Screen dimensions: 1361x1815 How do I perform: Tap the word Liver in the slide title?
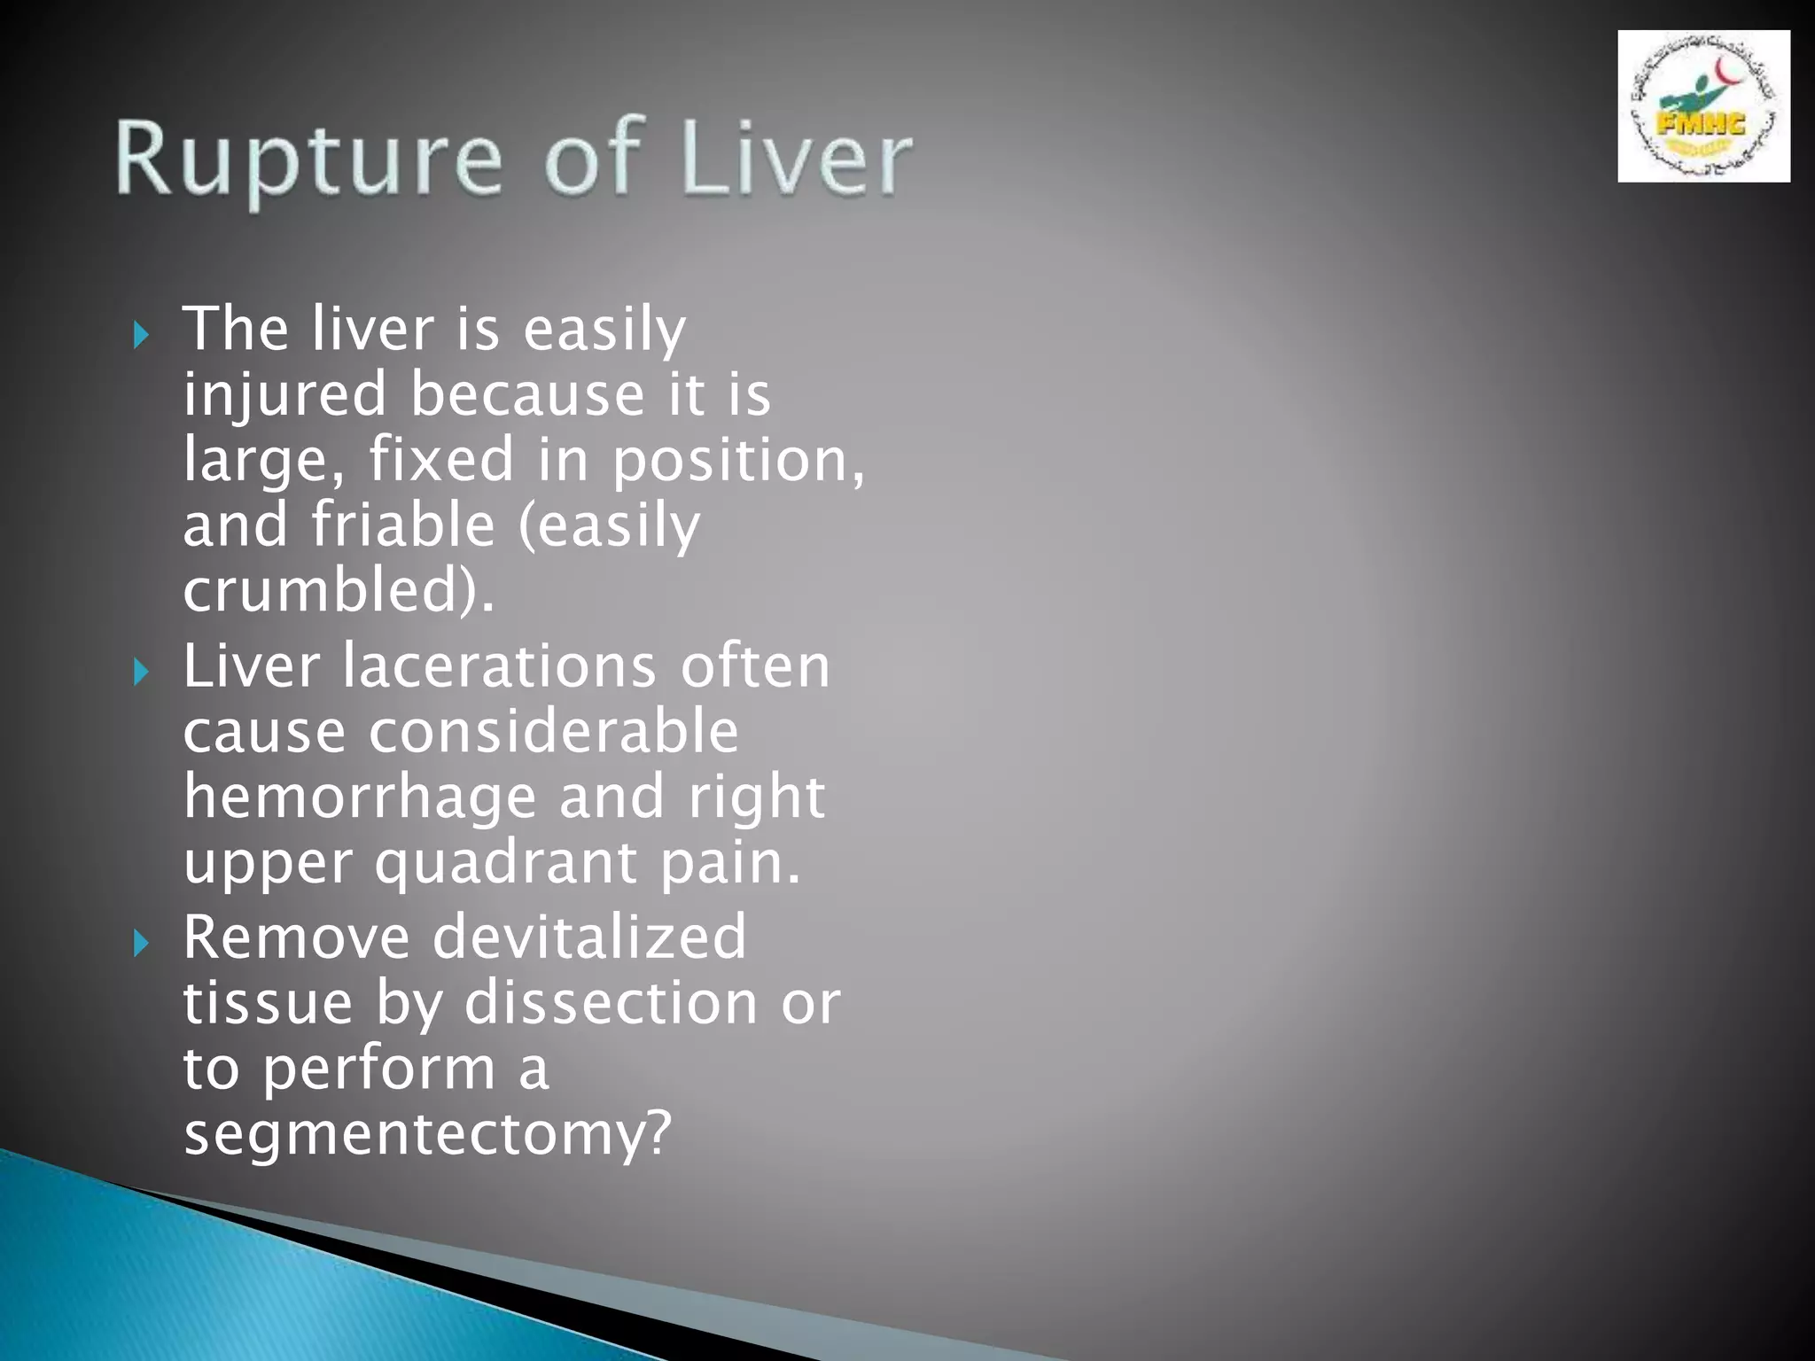point(798,159)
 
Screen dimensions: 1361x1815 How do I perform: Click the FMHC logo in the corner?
point(1702,106)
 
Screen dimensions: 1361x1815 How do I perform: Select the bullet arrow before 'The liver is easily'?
point(141,335)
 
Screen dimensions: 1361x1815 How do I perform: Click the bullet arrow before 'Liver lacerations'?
point(141,672)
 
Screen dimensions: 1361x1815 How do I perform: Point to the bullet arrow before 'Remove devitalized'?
point(141,943)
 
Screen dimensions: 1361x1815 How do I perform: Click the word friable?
point(402,525)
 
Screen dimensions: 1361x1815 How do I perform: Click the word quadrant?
point(505,863)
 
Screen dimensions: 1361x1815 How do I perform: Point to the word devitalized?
point(589,937)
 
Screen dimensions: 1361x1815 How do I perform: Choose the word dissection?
point(611,1003)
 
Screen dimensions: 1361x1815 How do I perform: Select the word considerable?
point(554,732)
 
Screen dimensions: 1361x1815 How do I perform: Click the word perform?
point(379,1069)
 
